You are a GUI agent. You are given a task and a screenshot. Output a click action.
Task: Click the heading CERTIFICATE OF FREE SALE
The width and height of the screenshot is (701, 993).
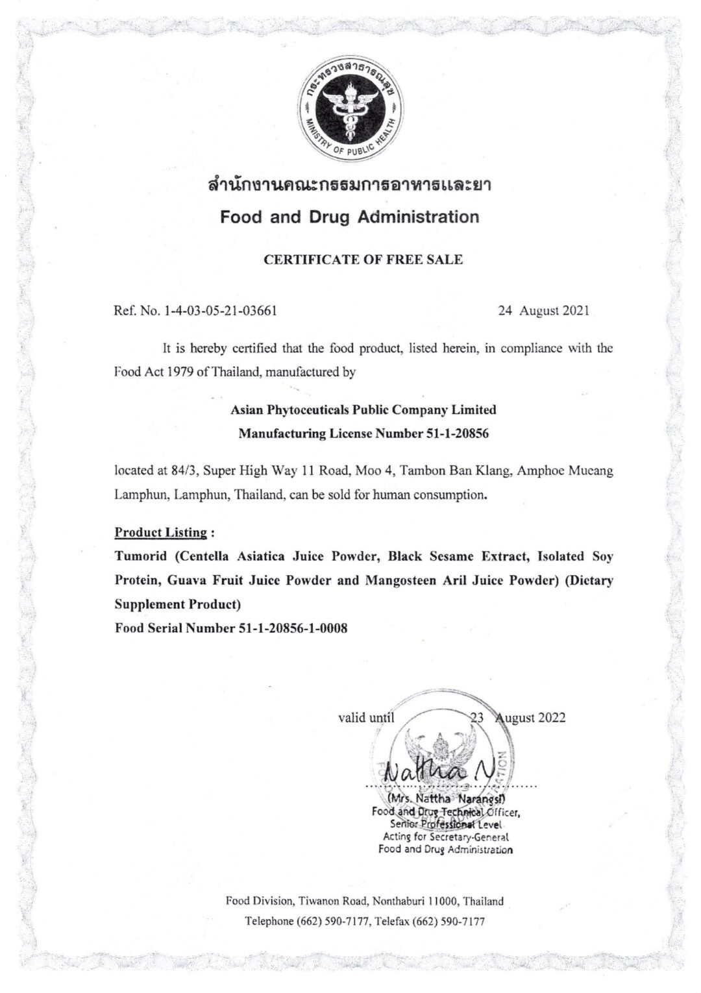point(363,260)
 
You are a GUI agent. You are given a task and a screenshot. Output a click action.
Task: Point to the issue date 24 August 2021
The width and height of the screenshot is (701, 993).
point(543,311)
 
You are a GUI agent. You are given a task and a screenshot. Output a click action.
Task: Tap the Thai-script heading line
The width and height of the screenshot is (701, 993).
point(350,186)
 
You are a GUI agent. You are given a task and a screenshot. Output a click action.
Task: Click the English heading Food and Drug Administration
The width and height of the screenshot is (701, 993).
point(350,217)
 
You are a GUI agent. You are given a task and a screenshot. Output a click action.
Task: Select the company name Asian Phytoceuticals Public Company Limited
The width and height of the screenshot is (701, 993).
point(363,410)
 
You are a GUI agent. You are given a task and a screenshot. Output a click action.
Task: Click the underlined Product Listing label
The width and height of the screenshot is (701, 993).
point(161,533)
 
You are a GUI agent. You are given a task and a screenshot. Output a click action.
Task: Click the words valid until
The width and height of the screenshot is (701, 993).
point(366,718)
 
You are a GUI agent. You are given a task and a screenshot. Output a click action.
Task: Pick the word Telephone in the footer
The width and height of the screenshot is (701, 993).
point(269,922)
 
